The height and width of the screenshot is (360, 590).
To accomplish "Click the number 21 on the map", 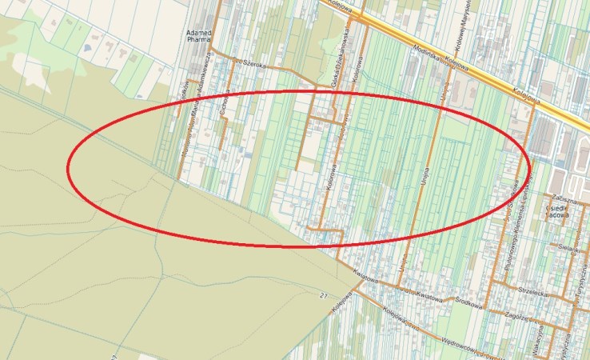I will coord(323,295).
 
